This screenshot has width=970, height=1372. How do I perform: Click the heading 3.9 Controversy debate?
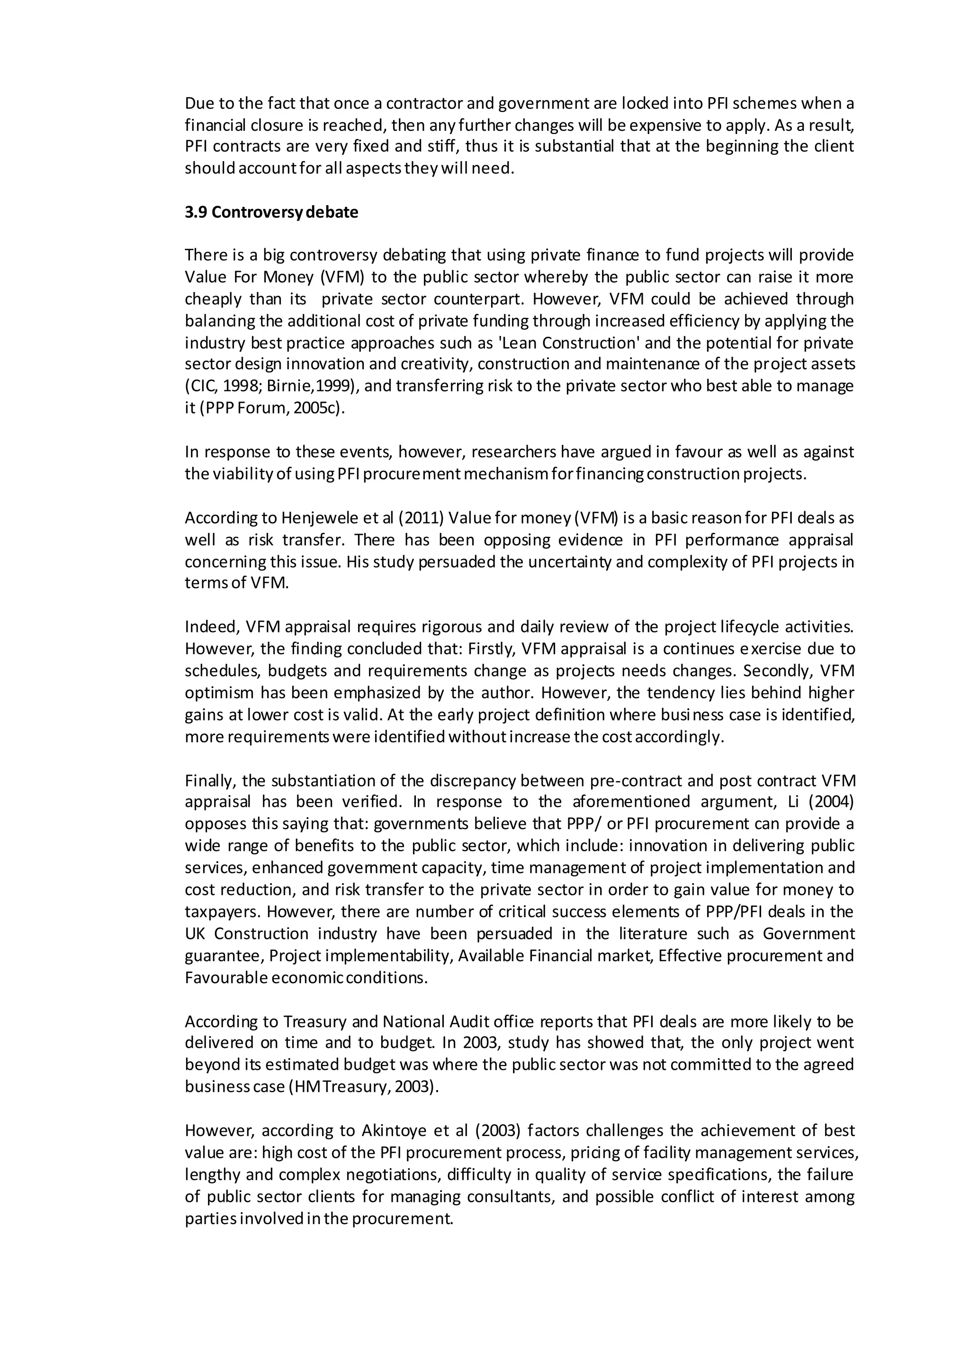[271, 213]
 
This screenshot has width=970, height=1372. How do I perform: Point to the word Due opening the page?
[199, 103]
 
